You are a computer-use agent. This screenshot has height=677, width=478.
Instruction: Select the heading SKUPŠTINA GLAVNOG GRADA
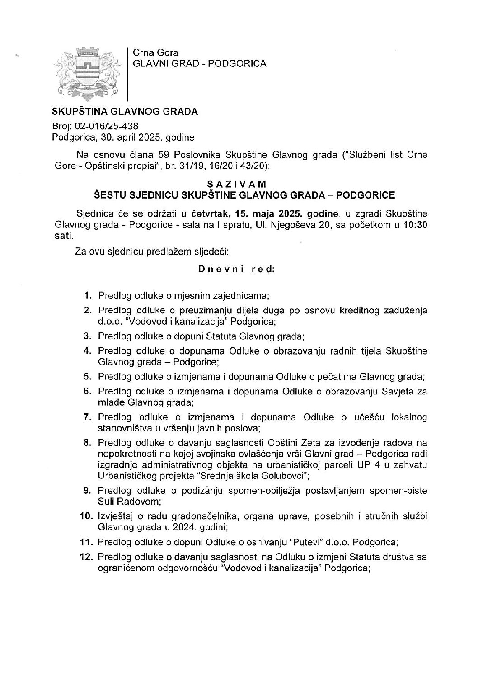125,111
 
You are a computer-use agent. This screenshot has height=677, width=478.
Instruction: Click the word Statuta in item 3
220,336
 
